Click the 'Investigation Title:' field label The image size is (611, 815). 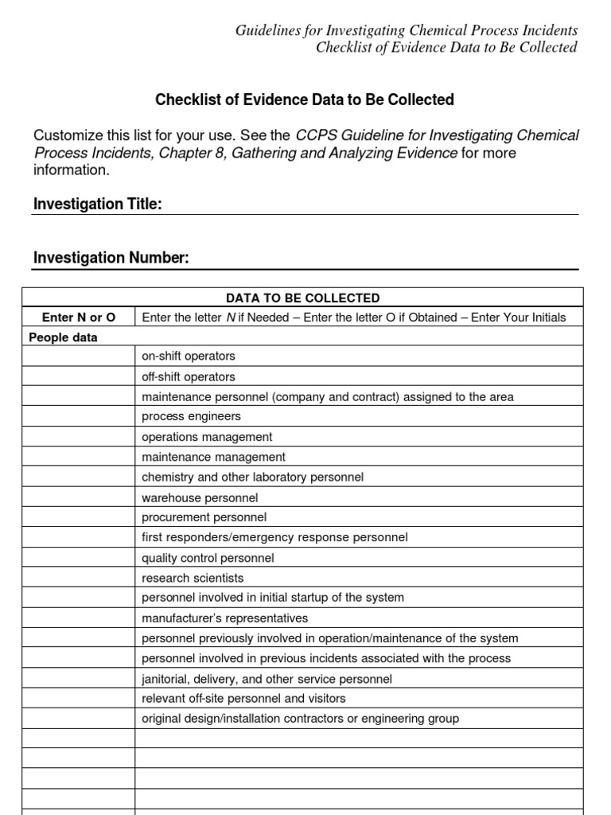98,205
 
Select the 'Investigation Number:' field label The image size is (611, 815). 111,258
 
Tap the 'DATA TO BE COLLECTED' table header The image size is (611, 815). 303,298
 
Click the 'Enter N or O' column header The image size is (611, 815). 79,318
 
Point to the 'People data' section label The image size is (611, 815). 64,337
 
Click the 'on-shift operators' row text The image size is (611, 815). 189,357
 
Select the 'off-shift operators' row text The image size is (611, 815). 189,376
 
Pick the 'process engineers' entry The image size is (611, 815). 191,416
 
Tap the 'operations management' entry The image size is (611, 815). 207,437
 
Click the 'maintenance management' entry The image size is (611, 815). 213,457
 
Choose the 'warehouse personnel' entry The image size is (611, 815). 200,497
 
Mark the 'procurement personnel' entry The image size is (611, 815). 204,517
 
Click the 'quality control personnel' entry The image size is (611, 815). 208,558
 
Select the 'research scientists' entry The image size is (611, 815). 193,578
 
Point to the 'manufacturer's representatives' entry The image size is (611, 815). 224,618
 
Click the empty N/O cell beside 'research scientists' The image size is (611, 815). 79,578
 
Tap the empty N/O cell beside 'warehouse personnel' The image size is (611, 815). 79,497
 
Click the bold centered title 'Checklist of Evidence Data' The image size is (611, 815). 304,99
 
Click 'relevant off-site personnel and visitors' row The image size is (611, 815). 244,699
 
